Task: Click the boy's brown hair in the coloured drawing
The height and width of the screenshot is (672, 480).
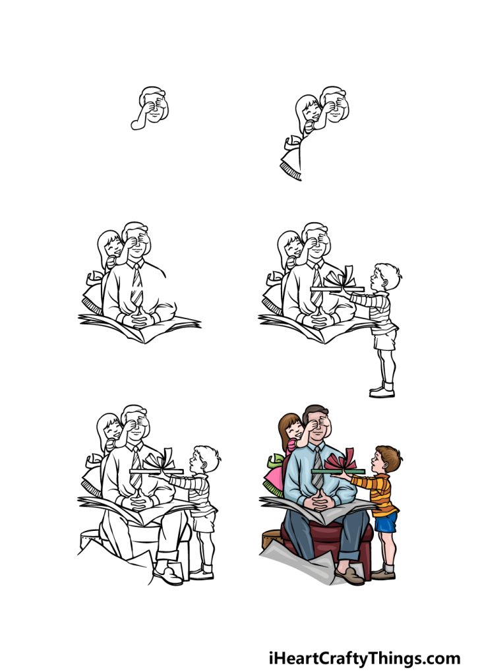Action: coord(389,455)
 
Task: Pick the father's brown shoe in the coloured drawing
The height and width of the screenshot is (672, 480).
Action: coord(349,577)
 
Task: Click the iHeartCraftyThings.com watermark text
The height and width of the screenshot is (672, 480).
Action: coord(364,657)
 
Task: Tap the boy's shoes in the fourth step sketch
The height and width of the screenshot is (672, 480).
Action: coord(382,390)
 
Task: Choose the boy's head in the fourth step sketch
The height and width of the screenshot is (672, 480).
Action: coord(386,277)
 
